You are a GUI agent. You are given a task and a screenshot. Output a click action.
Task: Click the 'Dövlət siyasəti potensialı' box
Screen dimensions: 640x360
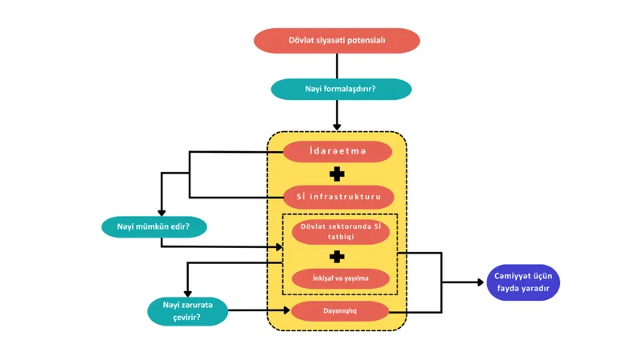coord(337,41)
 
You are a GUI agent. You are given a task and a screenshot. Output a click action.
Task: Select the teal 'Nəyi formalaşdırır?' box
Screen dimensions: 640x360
coord(341,89)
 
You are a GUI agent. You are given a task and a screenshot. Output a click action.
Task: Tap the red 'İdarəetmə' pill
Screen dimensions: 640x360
coord(338,151)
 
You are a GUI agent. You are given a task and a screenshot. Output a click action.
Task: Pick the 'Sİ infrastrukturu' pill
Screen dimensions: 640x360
coord(338,197)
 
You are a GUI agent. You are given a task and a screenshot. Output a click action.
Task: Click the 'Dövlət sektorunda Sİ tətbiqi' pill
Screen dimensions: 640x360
coord(341,232)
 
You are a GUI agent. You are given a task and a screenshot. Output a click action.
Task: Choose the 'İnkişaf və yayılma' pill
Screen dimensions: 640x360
coord(341,278)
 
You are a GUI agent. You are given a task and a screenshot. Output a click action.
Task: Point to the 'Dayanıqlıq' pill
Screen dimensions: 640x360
coord(339,311)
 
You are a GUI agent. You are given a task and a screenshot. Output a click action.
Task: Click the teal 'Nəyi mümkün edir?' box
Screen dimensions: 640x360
coord(154,227)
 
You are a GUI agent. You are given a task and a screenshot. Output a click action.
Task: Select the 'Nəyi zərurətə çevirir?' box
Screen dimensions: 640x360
coord(187,311)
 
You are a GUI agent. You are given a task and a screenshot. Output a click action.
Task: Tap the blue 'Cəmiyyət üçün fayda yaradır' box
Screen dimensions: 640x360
coord(523,282)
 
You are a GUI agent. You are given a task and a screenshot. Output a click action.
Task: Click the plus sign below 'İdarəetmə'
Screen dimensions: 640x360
coord(337,174)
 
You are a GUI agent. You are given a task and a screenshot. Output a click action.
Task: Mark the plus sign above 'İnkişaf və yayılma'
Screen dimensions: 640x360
coord(337,257)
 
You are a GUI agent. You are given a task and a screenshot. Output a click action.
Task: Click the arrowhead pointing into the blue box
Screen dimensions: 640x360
coord(481,282)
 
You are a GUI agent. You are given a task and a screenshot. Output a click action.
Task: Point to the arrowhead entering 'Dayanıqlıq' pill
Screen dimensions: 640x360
coord(287,310)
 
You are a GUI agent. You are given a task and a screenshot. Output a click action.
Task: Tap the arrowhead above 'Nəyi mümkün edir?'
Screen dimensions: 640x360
coord(162,213)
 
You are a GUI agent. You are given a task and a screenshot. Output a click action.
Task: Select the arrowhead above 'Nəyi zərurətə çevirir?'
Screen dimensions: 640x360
coord(187,294)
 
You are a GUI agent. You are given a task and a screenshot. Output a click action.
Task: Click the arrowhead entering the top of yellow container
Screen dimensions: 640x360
coord(337,128)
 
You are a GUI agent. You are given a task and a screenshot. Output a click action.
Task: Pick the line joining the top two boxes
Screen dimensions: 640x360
coord(337,66)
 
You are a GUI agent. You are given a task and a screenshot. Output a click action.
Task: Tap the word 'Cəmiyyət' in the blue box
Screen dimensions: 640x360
coord(509,276)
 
